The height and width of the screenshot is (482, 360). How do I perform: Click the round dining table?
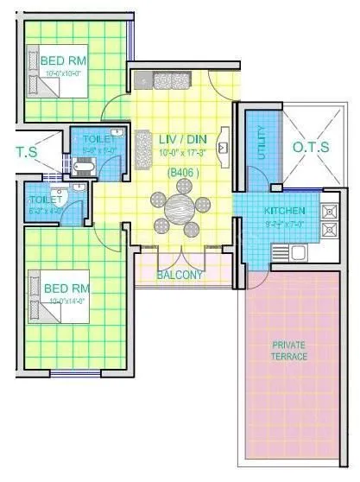pyautogui.click(x=180, y=209)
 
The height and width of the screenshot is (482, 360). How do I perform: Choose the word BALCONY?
pyautogui.click(x=180, y=276)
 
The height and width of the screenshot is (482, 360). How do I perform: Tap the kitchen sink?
pyautogui.click(x=299, y=253)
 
